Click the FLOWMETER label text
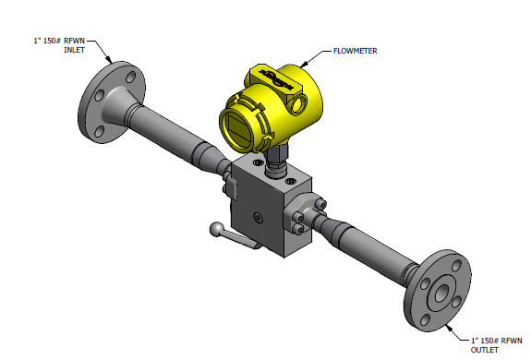click(356, 51)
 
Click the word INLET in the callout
click(75, 50)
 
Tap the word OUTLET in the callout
click(485, 350)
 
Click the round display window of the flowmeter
click(239, 128)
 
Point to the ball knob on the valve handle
click(216, 229)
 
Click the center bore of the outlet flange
click(441, 293)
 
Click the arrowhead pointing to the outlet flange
click(450, 328)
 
